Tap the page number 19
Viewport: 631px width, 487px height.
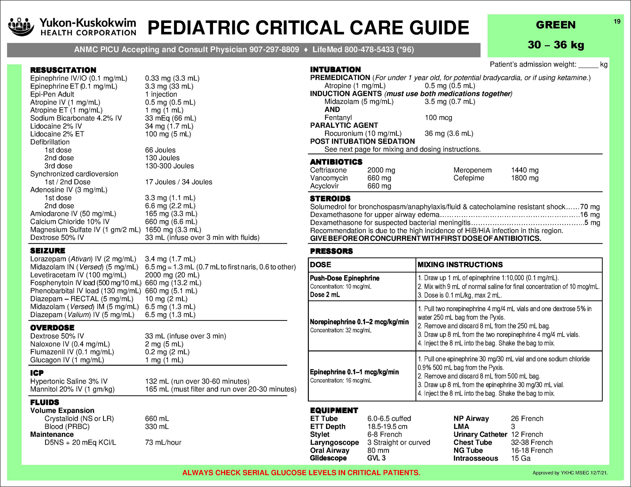pos(617,21)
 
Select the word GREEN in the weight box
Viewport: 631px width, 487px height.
pos(556,25)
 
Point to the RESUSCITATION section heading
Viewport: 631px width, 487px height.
pos(63,70)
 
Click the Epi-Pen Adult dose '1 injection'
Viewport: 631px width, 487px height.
pos(161,94)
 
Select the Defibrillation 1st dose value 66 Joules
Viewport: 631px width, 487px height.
pos(160,150)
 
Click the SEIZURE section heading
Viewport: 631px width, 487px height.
pos(48,251)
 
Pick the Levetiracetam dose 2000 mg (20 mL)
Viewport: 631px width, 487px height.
pos(172,275)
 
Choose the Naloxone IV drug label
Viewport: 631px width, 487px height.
pos(70,344)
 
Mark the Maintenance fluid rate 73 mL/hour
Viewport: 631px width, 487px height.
pos(163,442)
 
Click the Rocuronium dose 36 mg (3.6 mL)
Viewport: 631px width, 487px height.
pos(449,133)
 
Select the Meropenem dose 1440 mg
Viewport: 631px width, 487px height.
pos(525,170)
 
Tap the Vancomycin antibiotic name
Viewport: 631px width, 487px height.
pos(329,178)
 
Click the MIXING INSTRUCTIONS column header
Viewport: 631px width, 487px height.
pos(460,265)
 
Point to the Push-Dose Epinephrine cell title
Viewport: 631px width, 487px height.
pos(344,278)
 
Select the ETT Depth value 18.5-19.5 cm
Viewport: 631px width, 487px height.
pos(387,426)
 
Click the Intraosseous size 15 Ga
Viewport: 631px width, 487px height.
pos(521,458)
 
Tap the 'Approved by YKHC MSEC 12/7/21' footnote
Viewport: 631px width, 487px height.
pos(570,473)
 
